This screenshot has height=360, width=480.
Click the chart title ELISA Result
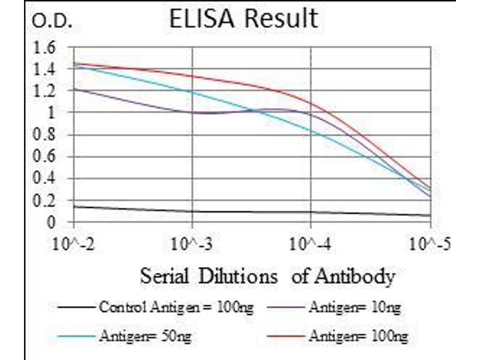[x=243, y=19]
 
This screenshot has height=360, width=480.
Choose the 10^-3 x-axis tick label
[x=192, y=245]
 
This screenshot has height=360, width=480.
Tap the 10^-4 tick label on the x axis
[x=311, y=245]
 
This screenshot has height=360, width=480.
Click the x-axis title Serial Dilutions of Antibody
[x=267, y=277]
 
